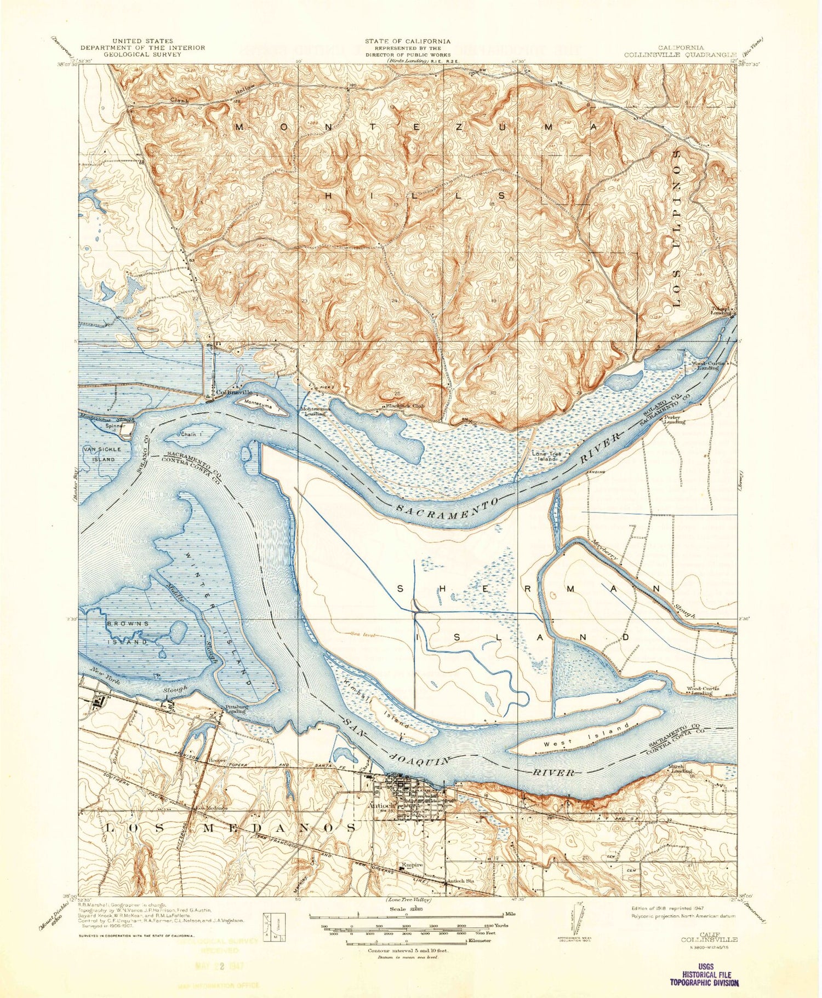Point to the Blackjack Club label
(404, 406)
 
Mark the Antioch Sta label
(460, 881)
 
